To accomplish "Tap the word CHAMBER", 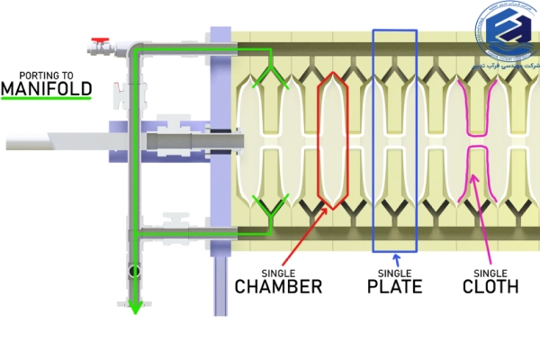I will (x=278, y=287).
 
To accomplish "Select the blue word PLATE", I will (x=393, y=287).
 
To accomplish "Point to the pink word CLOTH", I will (x=490, y=287).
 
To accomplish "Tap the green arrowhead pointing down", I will (x=135, y=306).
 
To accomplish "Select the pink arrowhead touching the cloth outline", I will (x=473, y=188).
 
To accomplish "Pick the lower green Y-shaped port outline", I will (x=269, y=211).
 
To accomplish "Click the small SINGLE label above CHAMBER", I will (x=278, y=272).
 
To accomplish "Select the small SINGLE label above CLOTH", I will (x=490, y=272).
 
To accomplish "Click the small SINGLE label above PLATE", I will (x=393, y=272).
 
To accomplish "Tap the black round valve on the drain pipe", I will (x=134, y=269).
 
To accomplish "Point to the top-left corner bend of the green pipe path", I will (x=135, y=49).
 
